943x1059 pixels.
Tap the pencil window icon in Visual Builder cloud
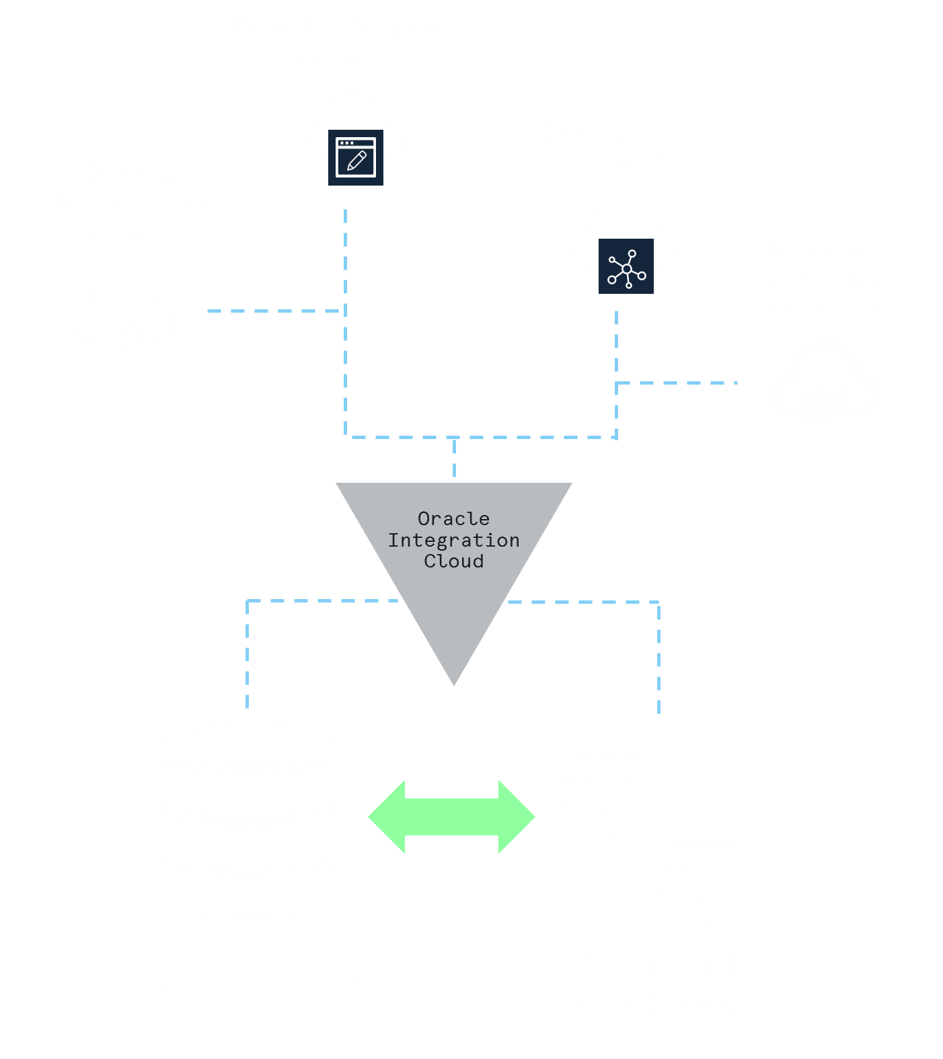point(355,157)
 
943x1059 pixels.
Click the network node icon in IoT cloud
point(626,267)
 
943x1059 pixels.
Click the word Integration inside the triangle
point(454,540)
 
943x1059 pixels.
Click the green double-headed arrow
point(451,817)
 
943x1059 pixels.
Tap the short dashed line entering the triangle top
point(455,459)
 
